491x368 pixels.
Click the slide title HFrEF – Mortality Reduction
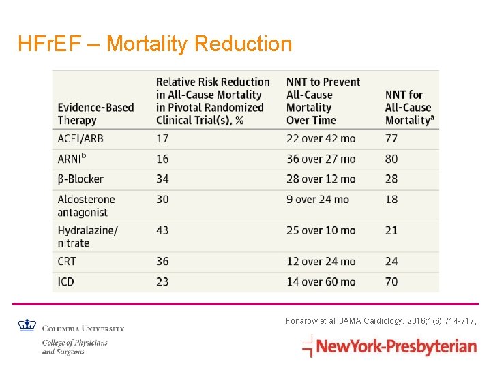(x=155, y=44)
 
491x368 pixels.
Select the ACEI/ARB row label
(x=80, y=138)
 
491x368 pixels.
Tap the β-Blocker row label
(x=80, y=179)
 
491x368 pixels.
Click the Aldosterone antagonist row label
(x=86, y=206)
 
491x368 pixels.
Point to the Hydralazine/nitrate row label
(x=87, y=236)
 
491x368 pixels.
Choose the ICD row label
(x=66, y=281)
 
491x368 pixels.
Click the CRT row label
(x=67, y=261)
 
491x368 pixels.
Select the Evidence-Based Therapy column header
(x=95, y=114)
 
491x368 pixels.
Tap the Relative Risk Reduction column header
(x=212, y=101)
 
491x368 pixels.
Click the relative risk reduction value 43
(x=162, y=230)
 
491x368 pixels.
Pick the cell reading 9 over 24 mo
(x=317, y=200)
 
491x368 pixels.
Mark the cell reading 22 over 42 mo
(x=321, y=138)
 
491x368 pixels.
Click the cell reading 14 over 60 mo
(x=321, y=281)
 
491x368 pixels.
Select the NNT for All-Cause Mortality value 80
(x=391, y=159)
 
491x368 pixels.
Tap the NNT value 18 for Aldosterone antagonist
(x=391, y=200)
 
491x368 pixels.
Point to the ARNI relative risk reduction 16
(x=162, y=159)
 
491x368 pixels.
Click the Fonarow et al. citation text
(x=380, y=320)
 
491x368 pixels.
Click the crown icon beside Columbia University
(x=26, y=324)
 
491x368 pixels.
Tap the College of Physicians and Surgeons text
(x=74, y=347)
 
